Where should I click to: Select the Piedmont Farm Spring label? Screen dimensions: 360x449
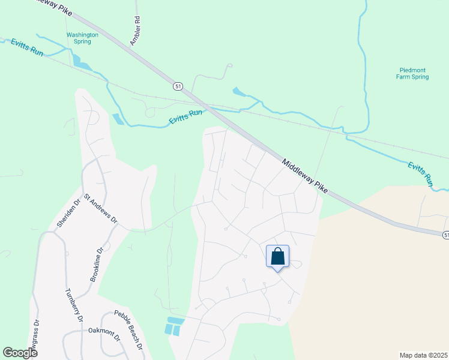pos(413,73)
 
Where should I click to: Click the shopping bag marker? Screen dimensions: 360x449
pos(277,257)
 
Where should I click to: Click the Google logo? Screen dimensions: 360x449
pos(20,352)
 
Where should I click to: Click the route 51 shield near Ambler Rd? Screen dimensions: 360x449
pos(177,86)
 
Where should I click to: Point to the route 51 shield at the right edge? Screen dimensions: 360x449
pos(445,235)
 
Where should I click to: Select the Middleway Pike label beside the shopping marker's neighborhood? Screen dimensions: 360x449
pos(304,176)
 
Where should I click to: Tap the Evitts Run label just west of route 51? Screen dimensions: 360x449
pos(185,115)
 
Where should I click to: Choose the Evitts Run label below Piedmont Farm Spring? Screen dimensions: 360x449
pos(421,173)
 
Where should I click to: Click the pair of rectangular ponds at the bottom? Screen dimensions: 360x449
pos(173,326)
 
